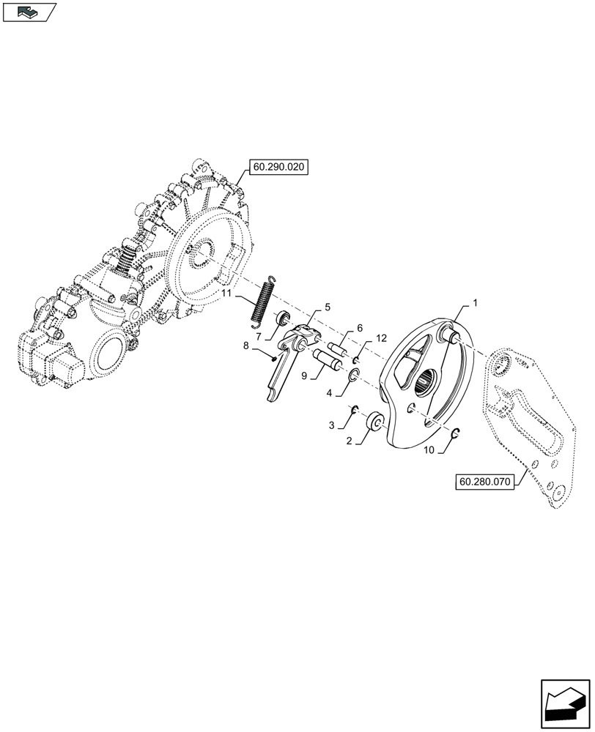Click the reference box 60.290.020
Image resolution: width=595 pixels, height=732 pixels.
pos(279,168)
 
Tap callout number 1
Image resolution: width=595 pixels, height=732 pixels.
pos(476,302)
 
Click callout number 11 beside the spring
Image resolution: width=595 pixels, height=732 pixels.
pos(227,293)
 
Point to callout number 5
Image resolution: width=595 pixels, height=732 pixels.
pos(307,307)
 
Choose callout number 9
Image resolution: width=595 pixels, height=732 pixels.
pos(304,378)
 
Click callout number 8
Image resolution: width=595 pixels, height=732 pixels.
pos(245,344)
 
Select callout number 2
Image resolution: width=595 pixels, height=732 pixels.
pos(350,441)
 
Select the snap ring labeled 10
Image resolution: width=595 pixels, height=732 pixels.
pos(455,433)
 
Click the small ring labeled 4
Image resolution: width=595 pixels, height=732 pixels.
pos(352,376)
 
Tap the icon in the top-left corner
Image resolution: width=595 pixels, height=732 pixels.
pos(29,12)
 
